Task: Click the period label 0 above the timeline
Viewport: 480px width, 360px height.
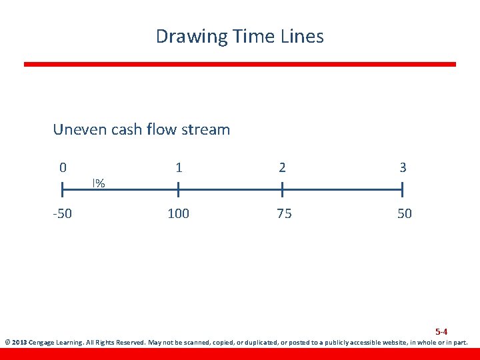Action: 63,167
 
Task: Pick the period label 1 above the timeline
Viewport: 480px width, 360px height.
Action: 179,167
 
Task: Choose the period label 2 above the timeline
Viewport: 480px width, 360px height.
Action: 283,167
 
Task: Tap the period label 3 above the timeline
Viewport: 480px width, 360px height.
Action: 403,167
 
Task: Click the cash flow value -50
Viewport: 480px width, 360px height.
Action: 63,214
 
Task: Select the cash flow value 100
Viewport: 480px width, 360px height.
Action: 178,214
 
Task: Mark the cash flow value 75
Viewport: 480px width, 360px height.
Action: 283,214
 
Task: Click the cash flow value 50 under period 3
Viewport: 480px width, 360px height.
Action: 404,214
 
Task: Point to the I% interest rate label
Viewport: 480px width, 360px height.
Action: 99,183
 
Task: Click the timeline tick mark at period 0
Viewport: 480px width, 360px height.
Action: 63,191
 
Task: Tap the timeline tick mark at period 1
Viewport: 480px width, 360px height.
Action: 178,191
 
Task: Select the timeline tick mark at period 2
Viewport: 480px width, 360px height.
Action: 283,191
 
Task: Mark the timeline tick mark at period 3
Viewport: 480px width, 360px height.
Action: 403,191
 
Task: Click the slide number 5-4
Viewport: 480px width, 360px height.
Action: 441,331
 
